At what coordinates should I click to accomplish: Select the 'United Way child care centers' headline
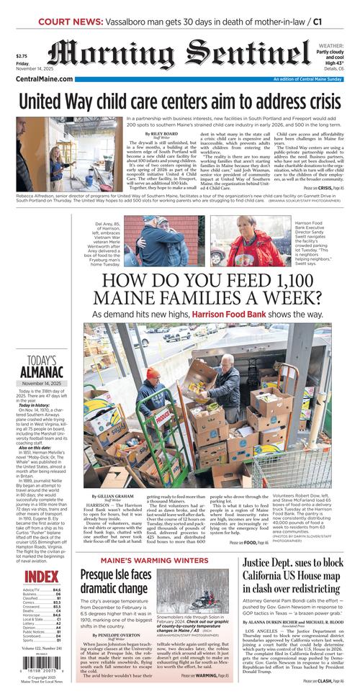point(179,101)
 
